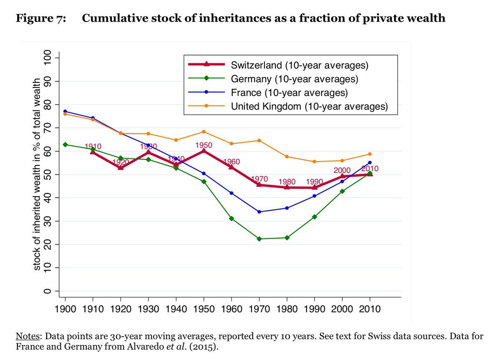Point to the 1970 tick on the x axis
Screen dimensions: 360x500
(259, 309)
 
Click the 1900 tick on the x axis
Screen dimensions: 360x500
(65, 309)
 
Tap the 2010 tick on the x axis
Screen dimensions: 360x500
(370, 309)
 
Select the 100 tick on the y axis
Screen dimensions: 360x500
(47, 58)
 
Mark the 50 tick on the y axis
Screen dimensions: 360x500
(47, 174)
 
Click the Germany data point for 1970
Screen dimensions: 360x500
(259, 239)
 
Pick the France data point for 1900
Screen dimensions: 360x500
(65, 111)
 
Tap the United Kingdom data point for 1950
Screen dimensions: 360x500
(204, 132)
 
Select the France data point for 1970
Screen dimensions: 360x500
(259, 212)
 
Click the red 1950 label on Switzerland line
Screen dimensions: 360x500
(204, 145)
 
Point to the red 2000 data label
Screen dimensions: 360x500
(342, 170)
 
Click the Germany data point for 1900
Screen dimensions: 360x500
(65, 145)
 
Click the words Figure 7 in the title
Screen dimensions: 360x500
(40, 18)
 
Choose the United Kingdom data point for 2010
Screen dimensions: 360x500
(370, 154)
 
